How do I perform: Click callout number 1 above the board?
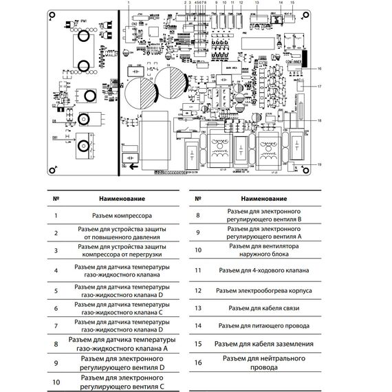click(x=129, y=3)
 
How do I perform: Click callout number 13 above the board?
click(x=256, y=3)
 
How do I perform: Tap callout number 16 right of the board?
click(x=320, y=69)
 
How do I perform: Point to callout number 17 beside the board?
click(x=320, y=86)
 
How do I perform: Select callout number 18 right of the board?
click(x=320, y=120)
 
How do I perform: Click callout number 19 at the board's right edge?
click(x=320, y=164)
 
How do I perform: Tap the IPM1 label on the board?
click(x=66, y=21)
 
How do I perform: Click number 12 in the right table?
click(x=197, y=290)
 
